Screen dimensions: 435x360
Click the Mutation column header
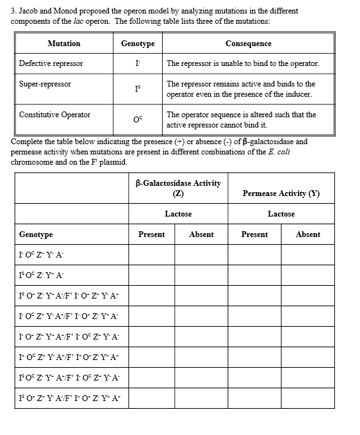point(64,44)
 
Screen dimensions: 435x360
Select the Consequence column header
point(248,44)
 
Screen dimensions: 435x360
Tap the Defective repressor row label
point(51,63)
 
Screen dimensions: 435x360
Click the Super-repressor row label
point(45,85)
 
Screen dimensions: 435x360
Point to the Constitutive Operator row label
point(54,115)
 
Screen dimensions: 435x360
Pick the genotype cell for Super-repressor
point(138,89)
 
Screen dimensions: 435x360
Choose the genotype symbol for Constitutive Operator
point(138,119)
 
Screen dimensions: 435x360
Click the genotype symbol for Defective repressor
point(137,64)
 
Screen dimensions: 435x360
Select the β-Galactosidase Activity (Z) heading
point(178,188)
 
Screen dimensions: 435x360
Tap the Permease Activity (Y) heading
point(281,193)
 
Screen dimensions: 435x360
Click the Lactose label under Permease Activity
point(281,214)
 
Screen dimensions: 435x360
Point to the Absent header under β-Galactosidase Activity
point(201,234)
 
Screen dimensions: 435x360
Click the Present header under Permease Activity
point(254,234)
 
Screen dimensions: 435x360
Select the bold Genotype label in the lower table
point(36,235)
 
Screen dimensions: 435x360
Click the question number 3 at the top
point(13,11)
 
